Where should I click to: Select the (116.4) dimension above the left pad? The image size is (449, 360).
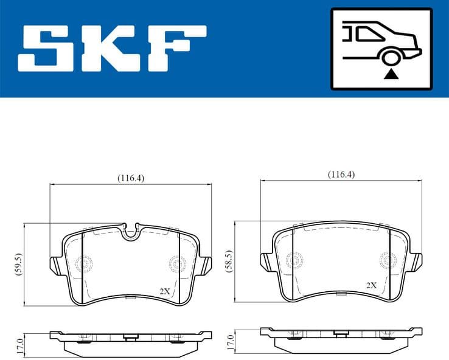(130, 178)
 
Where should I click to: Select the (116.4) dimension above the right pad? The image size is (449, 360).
(341, 175)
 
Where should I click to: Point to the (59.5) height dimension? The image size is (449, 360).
(18, 264)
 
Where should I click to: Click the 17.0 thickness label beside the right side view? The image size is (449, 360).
(229, 341)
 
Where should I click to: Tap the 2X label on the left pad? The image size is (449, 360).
(164, 291)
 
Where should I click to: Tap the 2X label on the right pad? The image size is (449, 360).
(371, 285)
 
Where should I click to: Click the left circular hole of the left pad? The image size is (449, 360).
(84, 263)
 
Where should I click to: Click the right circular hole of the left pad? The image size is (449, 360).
(176, 263)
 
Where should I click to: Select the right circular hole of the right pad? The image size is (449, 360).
(386, 260)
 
